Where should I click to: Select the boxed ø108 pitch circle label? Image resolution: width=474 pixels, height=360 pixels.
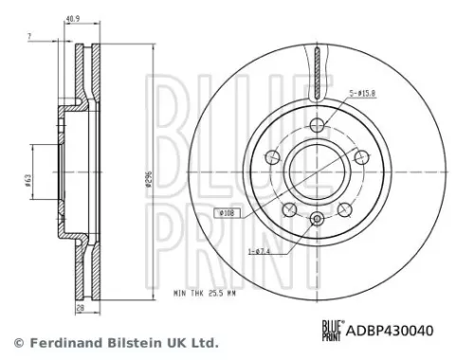[x=228, y=213]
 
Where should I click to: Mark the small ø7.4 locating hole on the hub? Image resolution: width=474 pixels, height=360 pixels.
[x=318, y=219]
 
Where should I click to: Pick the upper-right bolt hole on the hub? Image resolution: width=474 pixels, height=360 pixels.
[x=362, y=154]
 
